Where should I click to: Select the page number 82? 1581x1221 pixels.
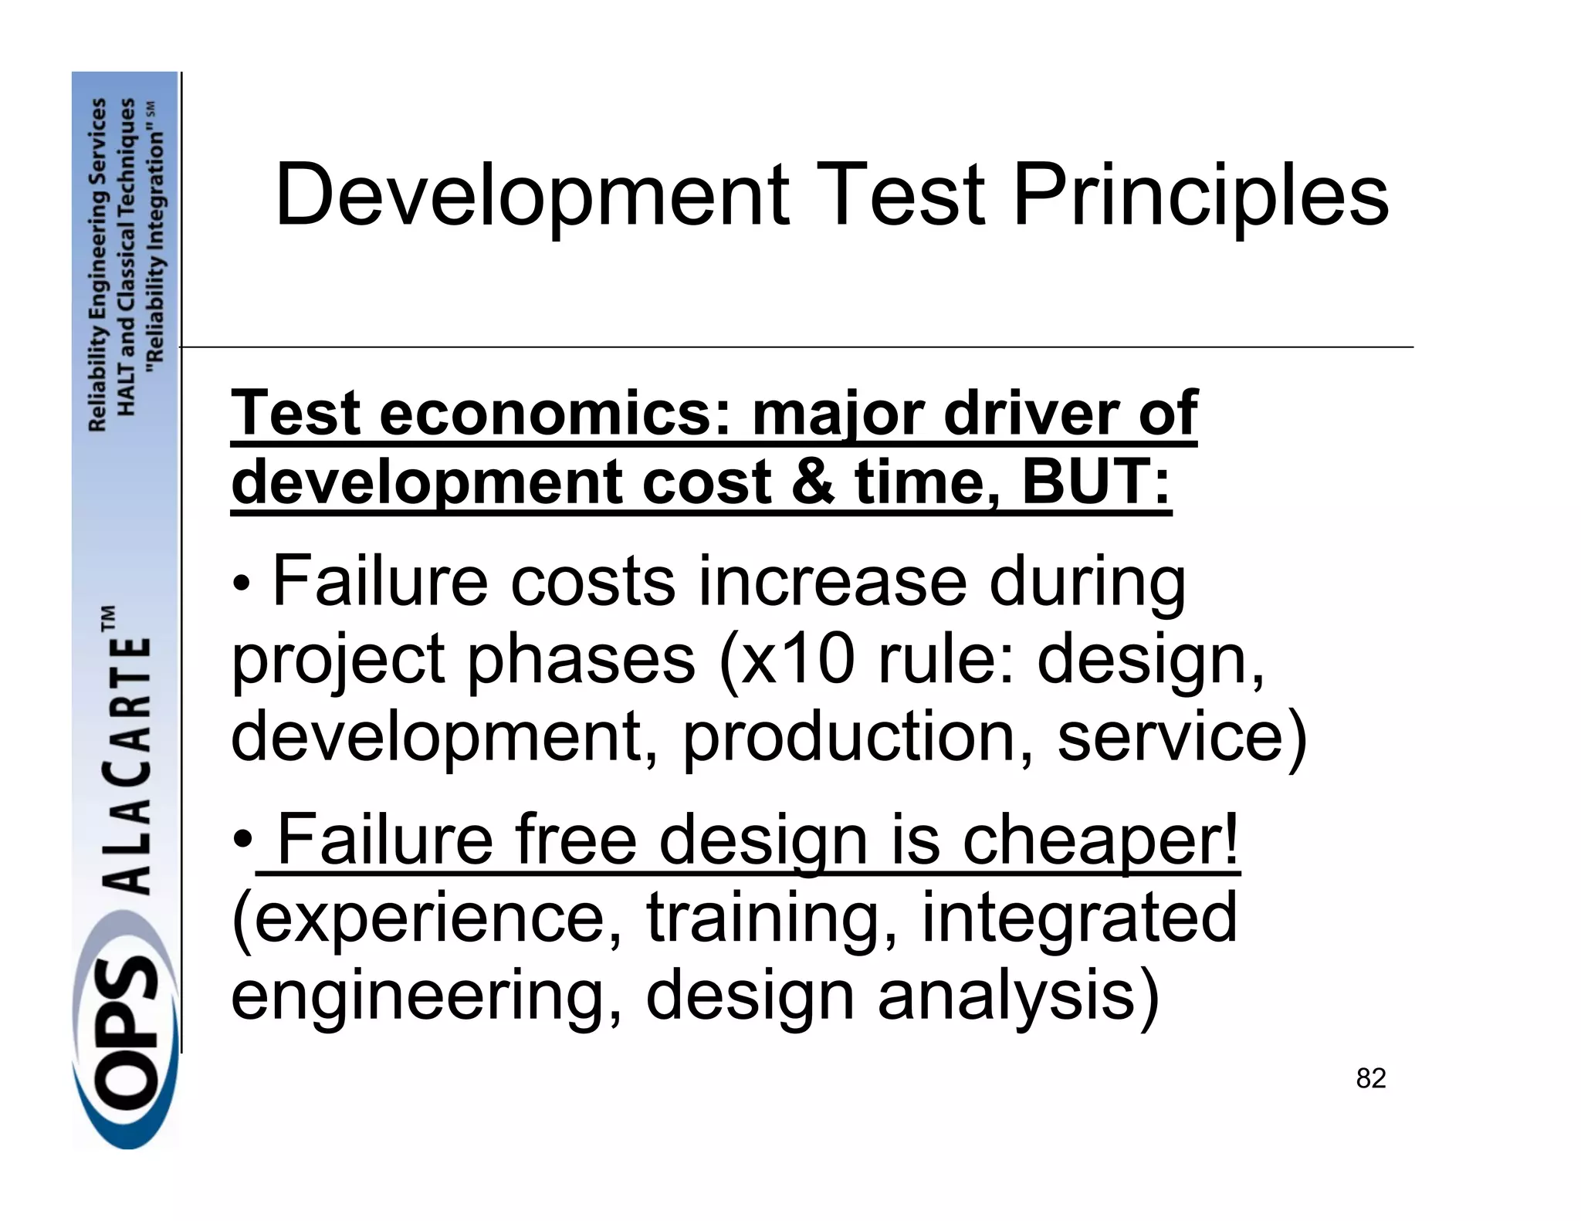point(1371,1078)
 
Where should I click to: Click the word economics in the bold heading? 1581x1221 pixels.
point(554,414)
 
